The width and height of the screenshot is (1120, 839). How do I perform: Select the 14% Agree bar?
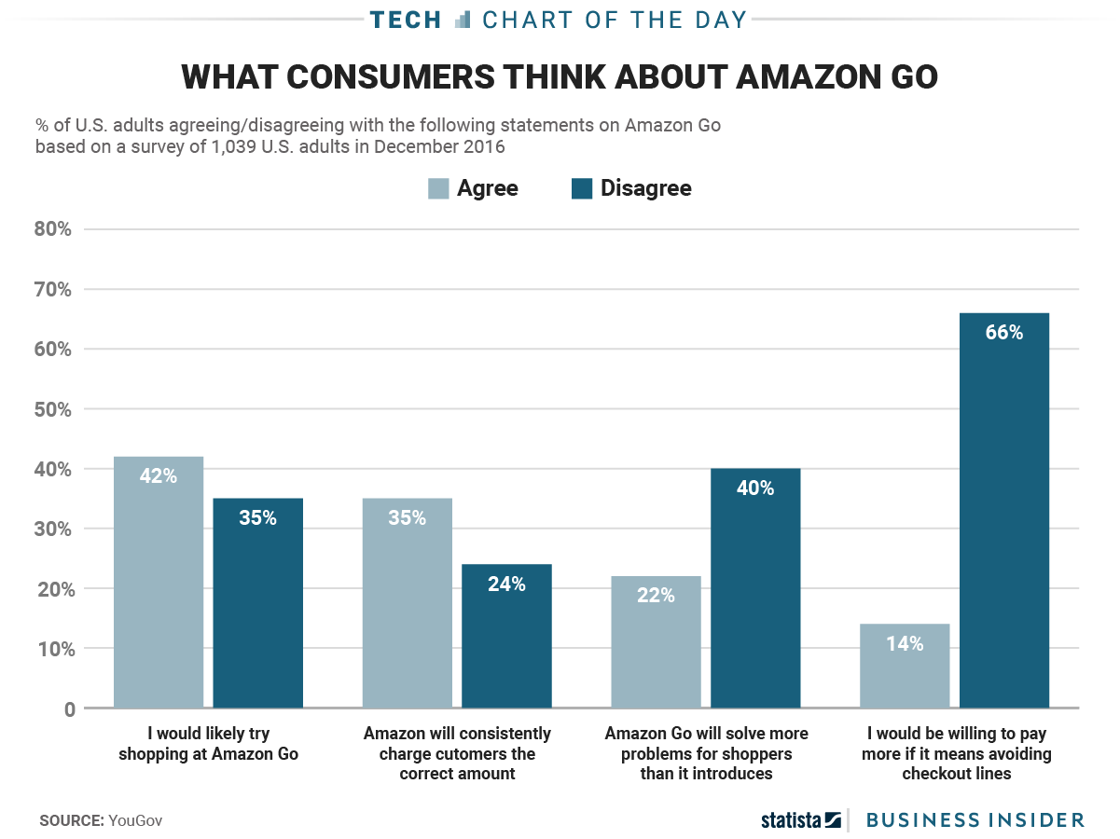click(x=905, y=667)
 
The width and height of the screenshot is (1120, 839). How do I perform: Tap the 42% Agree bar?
click(x=159, y=583)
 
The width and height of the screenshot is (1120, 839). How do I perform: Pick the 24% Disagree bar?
click(x=506, y=637)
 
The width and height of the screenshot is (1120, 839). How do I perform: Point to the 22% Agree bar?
click(x=656, y=642)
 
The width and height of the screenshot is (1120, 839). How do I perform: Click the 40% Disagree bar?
click(x=755, y=588)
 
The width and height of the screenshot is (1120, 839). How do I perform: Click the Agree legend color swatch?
click(x=438, y=188)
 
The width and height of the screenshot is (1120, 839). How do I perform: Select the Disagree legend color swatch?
click(x=582, y=188)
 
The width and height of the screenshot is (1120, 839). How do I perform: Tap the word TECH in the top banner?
click(x=405, y=20)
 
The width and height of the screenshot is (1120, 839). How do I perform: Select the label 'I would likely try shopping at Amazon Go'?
click(x=208, y=744)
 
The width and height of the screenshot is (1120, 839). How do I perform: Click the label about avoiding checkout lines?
click(x=957, y=753)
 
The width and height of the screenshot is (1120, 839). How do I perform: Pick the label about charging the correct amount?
click(x=457, y=753)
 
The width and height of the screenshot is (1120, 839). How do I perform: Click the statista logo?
click(x=800, y=820)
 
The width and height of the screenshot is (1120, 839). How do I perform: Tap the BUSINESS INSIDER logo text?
click(x=975, y=820)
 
